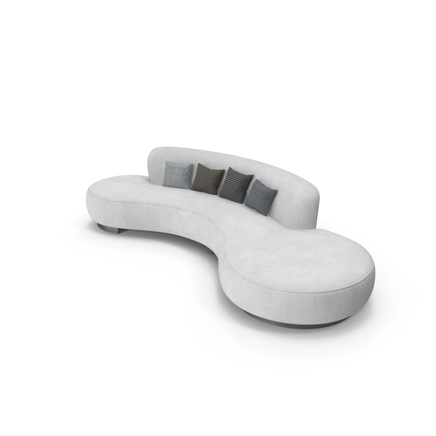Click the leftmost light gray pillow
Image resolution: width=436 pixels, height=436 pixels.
click(177, 175)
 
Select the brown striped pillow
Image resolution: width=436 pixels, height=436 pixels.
click(209, 179)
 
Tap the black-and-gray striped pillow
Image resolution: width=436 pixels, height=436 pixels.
click(235, 184)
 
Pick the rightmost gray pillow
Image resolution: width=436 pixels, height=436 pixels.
click(261, 197)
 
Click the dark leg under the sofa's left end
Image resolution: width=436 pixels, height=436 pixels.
click(110, 229)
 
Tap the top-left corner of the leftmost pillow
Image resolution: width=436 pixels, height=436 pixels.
click(166, 163)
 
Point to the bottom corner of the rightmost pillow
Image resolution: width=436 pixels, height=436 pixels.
click(266, 214)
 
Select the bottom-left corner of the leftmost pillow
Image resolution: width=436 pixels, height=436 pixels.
click(163, 185)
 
